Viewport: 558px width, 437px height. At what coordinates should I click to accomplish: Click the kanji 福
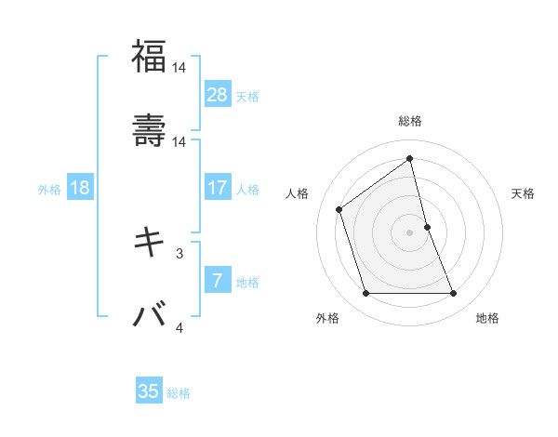(x=149, y=57)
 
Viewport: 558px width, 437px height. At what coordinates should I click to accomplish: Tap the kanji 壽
(x=149, y=129)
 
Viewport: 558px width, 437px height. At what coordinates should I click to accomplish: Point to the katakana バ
(x=149, y=314)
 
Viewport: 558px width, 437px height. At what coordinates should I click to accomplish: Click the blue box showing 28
(x=218, y=95)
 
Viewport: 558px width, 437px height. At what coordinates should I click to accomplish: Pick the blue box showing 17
(x=218, y=188)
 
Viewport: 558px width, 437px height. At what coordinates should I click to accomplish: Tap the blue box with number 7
(x=218, y=281)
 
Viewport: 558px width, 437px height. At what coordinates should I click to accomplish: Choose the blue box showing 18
(x=80, y=188)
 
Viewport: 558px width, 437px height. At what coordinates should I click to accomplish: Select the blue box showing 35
(x=149, y=391)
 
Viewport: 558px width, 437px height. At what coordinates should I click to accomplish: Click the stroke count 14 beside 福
(x=179, y=67)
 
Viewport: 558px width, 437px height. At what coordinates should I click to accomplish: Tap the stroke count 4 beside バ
(x=179, y=327)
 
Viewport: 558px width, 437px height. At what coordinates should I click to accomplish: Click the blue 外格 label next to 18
(x=49, y=189)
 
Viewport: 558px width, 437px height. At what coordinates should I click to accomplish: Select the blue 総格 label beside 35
(x=179, y=393)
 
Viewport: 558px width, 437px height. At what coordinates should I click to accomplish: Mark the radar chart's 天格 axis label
(x=524, y=193)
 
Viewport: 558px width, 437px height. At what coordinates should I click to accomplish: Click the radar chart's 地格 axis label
(x=487, y=318)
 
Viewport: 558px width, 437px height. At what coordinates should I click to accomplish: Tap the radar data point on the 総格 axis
(x=410, y=158)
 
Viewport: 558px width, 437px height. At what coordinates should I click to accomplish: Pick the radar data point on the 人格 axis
(x=339, y=209)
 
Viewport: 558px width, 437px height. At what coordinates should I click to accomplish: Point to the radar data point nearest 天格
(x=427, y=227)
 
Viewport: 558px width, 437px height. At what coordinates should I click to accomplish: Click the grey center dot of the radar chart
(x=410, y=232)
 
